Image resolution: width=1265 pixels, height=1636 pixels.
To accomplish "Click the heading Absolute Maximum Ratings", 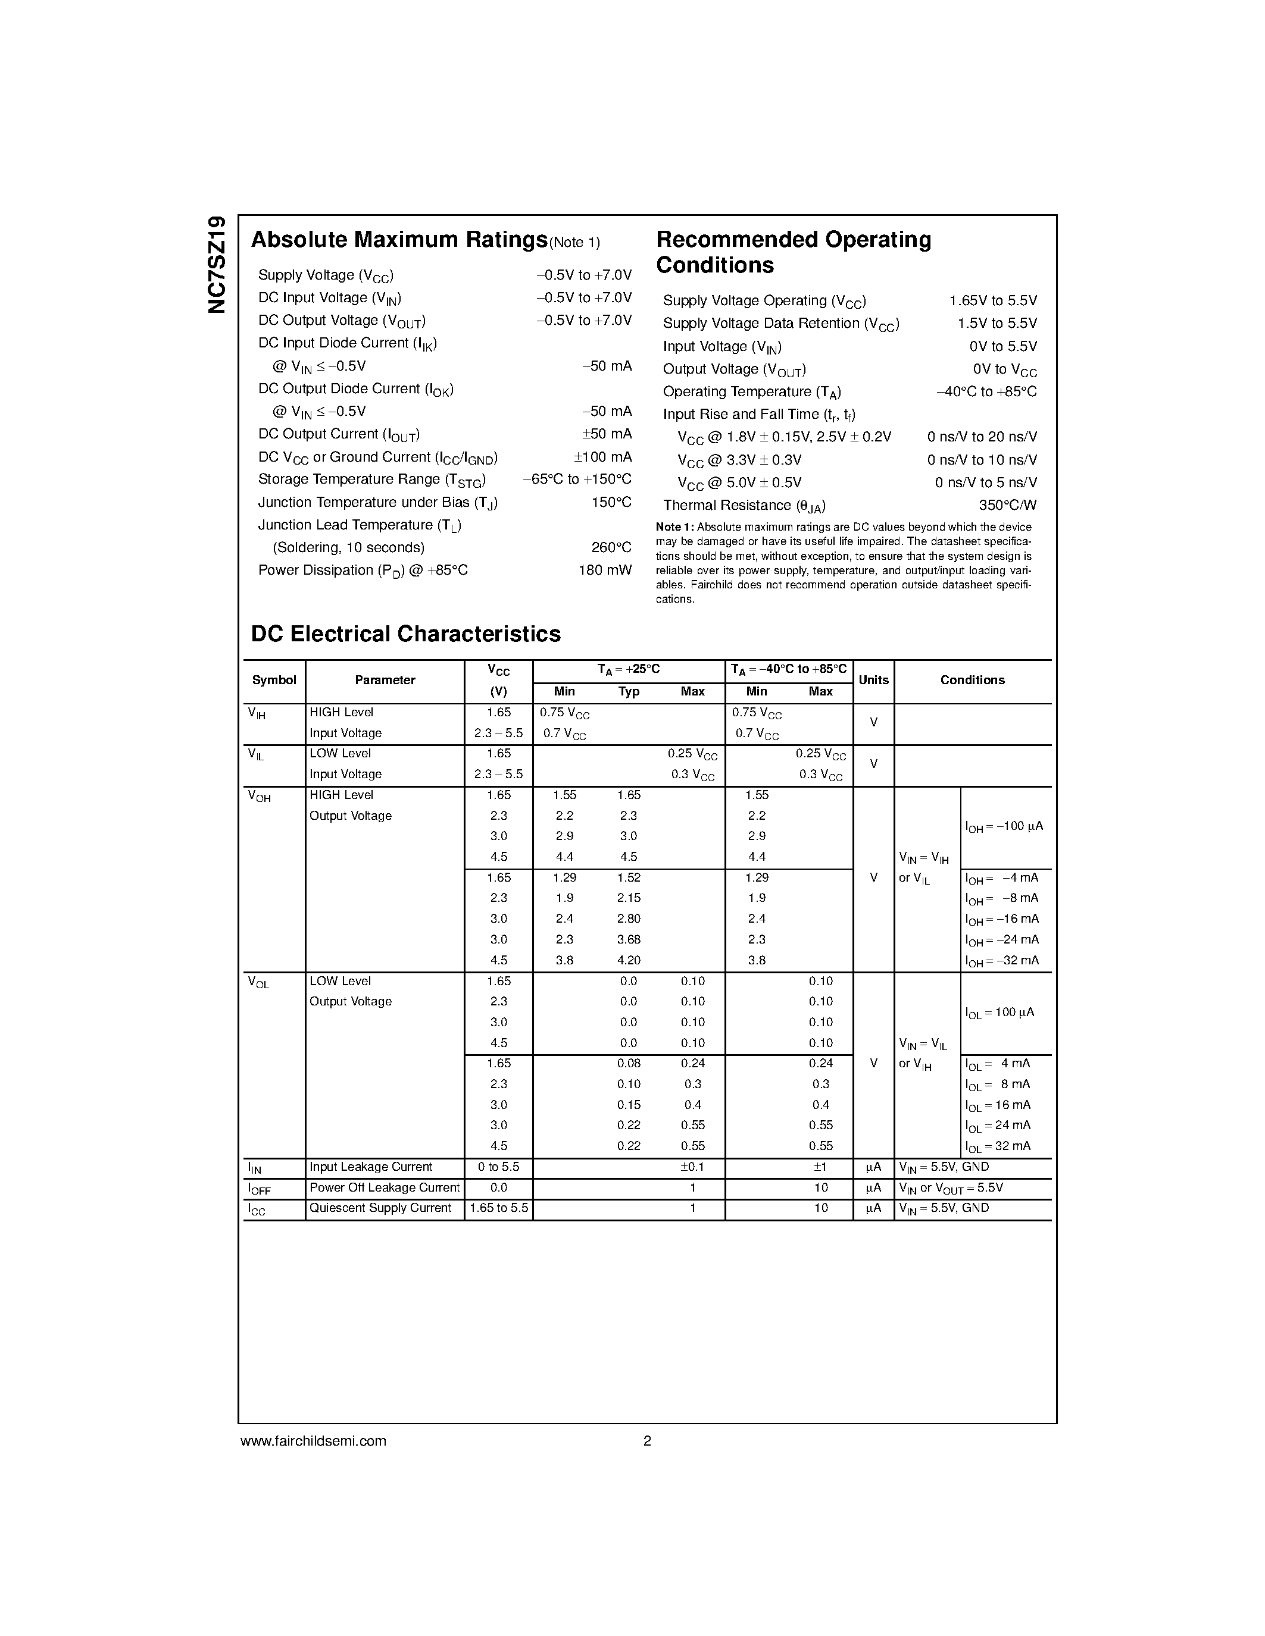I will [399, 240].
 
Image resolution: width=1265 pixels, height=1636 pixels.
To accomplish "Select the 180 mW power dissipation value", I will [604, 570].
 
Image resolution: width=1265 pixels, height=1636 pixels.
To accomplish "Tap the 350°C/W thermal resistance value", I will [1007, 506].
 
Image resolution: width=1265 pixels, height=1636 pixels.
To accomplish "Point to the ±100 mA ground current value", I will [602, 457].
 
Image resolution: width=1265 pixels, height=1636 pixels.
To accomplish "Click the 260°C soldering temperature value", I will [611, 547].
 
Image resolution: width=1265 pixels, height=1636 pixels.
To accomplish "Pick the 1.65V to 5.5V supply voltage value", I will [992, 301].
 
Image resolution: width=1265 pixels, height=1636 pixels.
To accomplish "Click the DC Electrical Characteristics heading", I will [405, 634].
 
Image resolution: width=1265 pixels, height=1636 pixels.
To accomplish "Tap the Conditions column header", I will [972, 680].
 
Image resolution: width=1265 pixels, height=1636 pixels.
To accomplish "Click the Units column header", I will [873, 680].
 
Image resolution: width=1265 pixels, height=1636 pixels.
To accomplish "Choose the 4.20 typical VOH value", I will [628, 960].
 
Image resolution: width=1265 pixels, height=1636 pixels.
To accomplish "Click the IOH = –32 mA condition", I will [1001, 961].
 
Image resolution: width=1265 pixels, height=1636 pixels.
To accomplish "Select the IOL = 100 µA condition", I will [999, 1013].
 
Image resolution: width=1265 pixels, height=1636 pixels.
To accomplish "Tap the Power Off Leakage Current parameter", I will [385, 1188].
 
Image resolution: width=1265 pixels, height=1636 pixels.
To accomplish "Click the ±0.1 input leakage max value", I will [692, 1167].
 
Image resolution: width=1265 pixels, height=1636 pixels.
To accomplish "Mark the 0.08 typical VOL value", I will [628, 1064].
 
